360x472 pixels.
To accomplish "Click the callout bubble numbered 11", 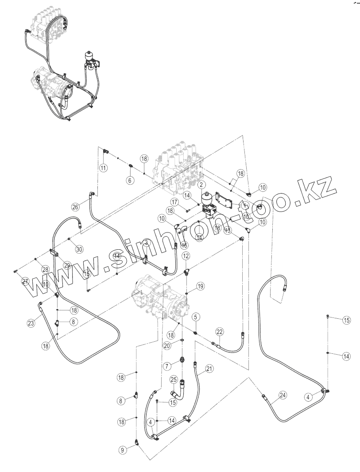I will [103, 168].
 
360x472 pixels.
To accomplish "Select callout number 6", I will [130, 180].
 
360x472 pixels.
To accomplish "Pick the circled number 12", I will [186, 256].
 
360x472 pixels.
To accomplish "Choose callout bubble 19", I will [200, 286].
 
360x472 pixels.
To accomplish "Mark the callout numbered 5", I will [195, 317].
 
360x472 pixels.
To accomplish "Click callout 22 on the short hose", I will [220, 332].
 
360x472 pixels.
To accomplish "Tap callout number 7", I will [167, 366].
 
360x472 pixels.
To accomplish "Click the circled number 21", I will [209, 368].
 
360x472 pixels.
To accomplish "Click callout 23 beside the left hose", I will [31, 323].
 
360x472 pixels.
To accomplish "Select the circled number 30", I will [79, 249].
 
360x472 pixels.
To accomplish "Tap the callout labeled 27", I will [25, 282].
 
